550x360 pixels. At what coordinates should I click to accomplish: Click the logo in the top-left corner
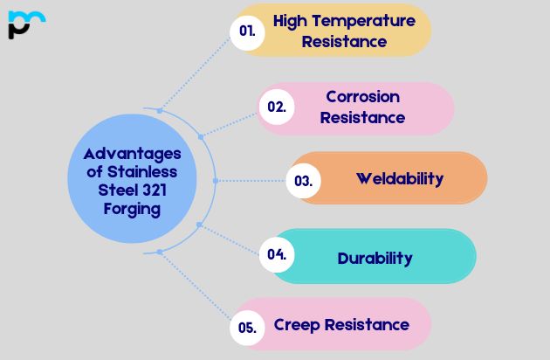[25, 24]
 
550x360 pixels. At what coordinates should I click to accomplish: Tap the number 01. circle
[247, 31]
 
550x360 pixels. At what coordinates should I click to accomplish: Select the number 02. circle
[276, 107]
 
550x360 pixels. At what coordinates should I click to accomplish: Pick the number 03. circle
[304, 182]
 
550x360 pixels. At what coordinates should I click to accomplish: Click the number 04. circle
[277, 255]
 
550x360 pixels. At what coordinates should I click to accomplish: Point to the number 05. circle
[247, 328]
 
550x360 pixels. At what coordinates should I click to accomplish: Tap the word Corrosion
[362, 96]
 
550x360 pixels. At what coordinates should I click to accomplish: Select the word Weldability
[399, 178]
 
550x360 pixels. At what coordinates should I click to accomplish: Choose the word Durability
[375, 258]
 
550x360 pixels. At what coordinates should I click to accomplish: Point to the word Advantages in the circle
[127, 154]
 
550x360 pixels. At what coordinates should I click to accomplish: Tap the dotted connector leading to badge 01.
[196, 70]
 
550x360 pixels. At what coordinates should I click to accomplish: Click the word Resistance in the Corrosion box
[362, 117]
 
